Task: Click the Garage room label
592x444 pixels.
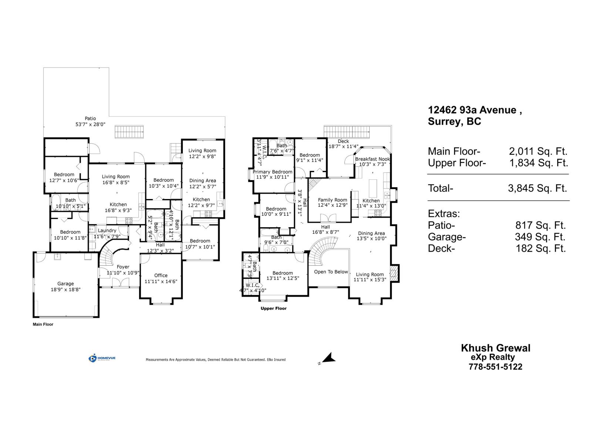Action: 65,284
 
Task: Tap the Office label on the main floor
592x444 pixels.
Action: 161,275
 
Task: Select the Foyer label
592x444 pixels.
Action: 123,267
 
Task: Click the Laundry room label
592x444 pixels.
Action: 107,231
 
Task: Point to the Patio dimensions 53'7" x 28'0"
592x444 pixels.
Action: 91,125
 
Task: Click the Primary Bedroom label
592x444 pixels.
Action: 272,172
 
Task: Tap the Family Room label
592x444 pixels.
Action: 333,200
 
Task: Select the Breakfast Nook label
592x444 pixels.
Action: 372,159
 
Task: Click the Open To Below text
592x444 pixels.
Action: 331,272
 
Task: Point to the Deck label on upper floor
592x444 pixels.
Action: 343,141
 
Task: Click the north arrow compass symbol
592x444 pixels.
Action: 329,358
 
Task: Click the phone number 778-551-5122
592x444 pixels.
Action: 495,367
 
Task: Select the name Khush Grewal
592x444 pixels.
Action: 495,348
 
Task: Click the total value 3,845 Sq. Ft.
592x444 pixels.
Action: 537,188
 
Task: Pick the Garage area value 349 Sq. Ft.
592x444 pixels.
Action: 540,237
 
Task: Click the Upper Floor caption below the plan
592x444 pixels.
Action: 273,308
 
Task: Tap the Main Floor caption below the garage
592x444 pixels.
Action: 43,324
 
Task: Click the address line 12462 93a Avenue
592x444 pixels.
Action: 475,110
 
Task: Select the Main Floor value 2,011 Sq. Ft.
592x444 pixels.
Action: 538,151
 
